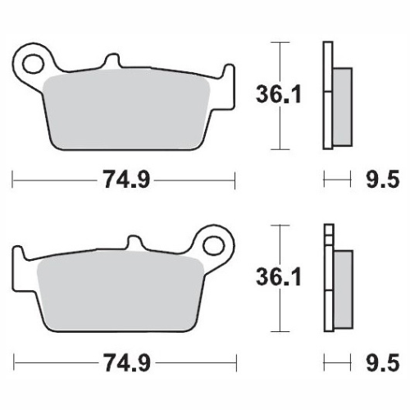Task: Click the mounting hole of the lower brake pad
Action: pyautogui.click(x=215, y=244)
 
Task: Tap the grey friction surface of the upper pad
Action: pyautogui.click(x=131, y=111)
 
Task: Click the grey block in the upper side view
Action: pyautogui.click(x=342, y=107)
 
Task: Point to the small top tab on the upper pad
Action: pyautogui.click(x=110, y=62)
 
